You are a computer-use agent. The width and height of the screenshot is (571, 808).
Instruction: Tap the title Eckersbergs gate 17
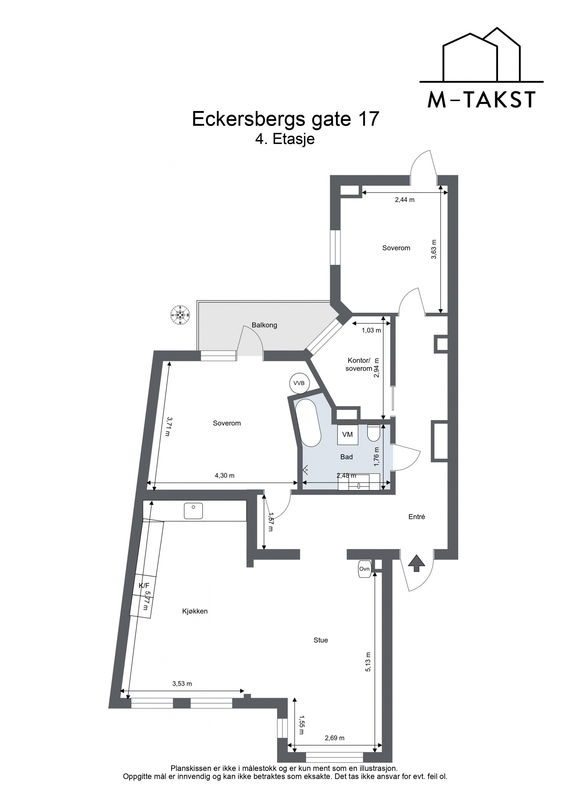click(285, 119)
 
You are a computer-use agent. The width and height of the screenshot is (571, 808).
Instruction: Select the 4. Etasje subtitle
click(285, 139)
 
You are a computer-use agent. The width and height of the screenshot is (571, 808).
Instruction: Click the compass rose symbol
click(180, 315)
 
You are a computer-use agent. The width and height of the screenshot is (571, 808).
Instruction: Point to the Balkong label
click(264, 325)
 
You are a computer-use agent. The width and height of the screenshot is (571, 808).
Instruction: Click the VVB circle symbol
click(299, 383)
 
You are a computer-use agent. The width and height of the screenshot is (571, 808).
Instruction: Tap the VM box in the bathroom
click(347, 435)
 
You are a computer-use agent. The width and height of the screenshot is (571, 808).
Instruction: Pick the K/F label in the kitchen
click(144, 586)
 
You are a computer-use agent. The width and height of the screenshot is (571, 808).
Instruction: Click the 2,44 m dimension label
click(404, 200)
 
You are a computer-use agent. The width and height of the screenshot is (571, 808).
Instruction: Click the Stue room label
click(320, 640)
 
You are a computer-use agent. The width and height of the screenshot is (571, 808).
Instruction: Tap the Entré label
click(416, 517)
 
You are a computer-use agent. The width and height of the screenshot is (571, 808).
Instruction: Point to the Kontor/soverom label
click(359, 365)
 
